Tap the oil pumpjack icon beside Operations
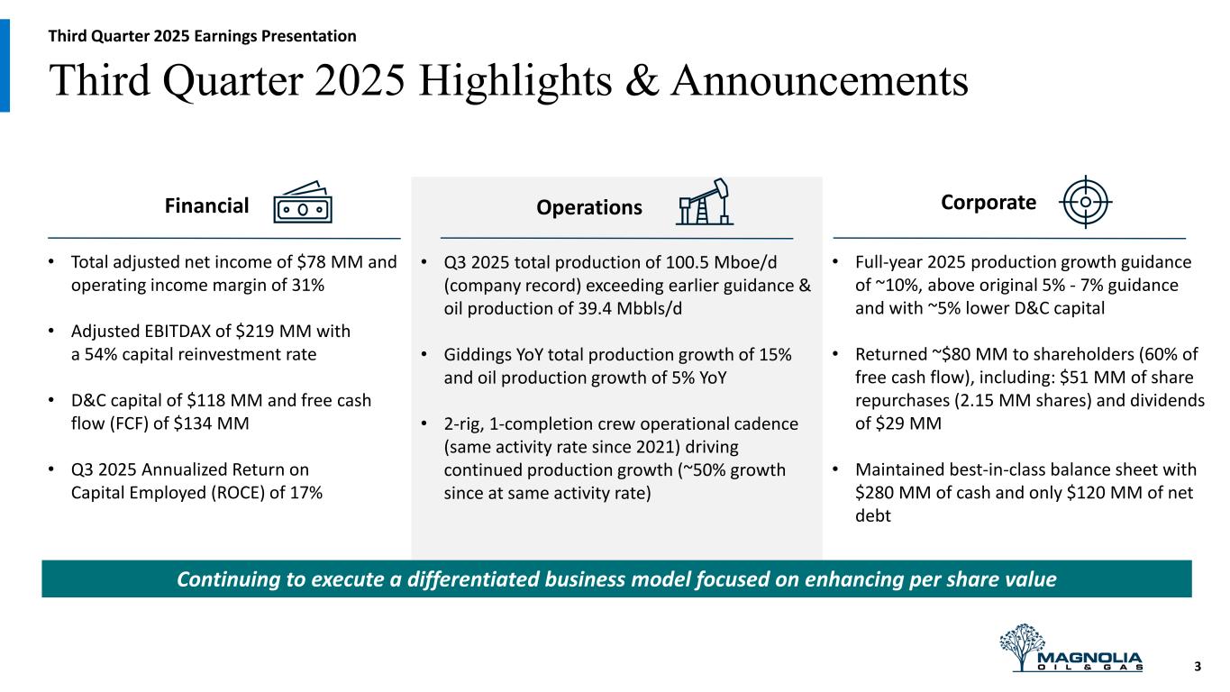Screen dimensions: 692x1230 click(705, 201)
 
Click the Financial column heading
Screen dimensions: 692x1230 click(206, 205)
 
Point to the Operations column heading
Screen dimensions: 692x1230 click(589, 207)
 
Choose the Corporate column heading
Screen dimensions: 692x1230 click(989, 203)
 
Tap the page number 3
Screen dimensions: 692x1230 click(1198, 667)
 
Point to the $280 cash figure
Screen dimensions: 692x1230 click(875, 493)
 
